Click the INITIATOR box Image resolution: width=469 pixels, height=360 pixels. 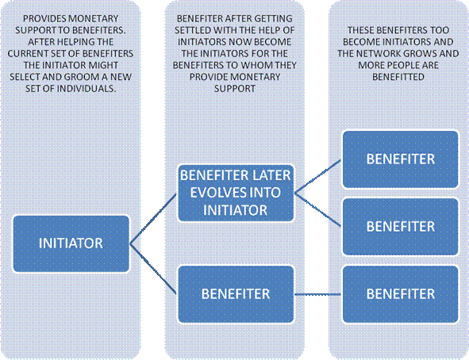(71, 243)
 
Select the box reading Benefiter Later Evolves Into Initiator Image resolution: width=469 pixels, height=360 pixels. (236, 193)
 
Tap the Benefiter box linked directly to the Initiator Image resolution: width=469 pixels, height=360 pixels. (236, 294)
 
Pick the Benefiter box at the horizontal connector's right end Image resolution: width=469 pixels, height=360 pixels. (401, 294)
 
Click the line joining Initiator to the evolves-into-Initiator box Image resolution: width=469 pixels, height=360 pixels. (154, 218)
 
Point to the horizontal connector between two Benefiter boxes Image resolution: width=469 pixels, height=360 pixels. (318, 294)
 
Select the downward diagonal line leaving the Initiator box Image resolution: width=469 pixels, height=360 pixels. (154, 269)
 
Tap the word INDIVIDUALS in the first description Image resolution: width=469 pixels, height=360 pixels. (86, 89)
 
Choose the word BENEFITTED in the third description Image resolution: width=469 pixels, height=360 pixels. (398, 77)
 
